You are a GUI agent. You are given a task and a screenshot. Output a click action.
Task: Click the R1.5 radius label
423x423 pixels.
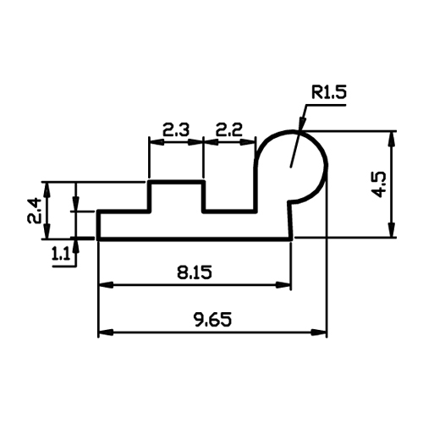click(x=328, y=92)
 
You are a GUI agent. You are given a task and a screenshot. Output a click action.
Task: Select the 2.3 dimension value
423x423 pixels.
click(x=176, y=130)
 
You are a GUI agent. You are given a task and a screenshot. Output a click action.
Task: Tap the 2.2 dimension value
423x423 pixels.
click(x=229, y=130)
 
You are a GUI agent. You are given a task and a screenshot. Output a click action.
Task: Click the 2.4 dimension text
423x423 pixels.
click(x=35, y=211)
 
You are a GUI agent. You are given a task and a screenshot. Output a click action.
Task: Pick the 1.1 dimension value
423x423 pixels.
click(x=60, y=255)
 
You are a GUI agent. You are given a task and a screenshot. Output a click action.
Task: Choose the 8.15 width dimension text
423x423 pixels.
click(x=195, y=272)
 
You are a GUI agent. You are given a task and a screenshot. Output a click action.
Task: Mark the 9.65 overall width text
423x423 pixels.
click(x=213, y=320)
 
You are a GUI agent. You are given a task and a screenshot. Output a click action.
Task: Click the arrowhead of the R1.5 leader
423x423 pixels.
click(x=301, y=124)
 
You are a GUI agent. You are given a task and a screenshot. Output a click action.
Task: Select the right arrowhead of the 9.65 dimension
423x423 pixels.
click(x=319, y=332)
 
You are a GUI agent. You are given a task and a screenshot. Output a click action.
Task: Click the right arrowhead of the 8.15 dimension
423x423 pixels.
click(x=283, y=285)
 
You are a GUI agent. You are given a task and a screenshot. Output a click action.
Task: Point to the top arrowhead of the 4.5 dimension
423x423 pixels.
click(x=391, y=139)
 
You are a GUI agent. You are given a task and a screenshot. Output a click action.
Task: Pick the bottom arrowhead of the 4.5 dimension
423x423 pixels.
click(x=391, y=230)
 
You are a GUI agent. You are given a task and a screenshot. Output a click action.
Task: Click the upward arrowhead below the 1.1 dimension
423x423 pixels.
click(x=75, y=246)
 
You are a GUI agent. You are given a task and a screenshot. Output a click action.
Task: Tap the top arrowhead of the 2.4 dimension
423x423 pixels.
click(x=47, y=190)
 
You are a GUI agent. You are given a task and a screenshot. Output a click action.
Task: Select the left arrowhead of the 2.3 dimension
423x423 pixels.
click(x=157, y=142)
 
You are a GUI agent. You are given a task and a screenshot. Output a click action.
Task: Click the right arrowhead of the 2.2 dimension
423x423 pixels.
click(x=248, y=142)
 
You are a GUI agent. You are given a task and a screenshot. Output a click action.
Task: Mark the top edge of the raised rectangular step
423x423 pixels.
click(x=177, y=182)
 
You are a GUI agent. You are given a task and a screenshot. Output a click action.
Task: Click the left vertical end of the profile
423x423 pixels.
click(x=98, y=225)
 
